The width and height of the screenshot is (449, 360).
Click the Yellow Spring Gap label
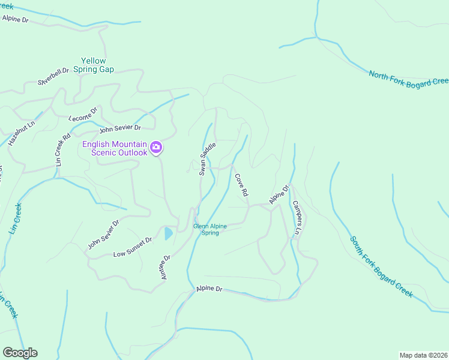[x=94, y=65]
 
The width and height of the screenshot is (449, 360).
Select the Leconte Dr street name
[x=83, y=113]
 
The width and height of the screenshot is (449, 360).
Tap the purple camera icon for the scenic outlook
[x=156, y=147]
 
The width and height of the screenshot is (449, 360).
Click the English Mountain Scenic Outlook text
[x=115, y=148]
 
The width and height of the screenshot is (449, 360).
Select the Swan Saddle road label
[x=206, y=159]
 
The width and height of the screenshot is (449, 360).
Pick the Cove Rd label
[x=241, y=185]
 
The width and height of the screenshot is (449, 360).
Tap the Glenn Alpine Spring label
[x=210, y=229]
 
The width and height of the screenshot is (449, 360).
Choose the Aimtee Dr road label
[x=166, y=266]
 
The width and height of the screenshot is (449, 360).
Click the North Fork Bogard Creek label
[x=408, y=79]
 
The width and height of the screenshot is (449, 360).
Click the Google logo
[x=20, y=353]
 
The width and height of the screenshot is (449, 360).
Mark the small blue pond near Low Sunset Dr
[x=169, y=233]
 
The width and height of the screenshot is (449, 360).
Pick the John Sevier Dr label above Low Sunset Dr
[x=103, y=234]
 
